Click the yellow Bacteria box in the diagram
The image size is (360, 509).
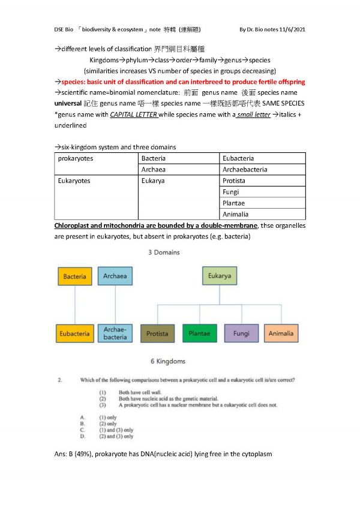pyautogui.click(x=74, y=276)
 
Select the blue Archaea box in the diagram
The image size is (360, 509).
pyautogui.click(x=114, y=276)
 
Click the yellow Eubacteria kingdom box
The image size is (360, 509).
pyautogui.click(x=74, y=333)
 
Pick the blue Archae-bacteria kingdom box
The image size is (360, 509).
pyautogui.click(x=114, y=333)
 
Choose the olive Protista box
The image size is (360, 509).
pyautogui.click(x=158, y=333)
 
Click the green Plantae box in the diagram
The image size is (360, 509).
pyautogui.click(x=199, y=333)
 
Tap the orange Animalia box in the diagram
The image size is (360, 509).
pyautogui.click(x=281, y=333)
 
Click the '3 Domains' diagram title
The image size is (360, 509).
pyautogui.click(x=164, y=252)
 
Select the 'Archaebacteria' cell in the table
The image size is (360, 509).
pyautogui.click(x=245, y=170)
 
